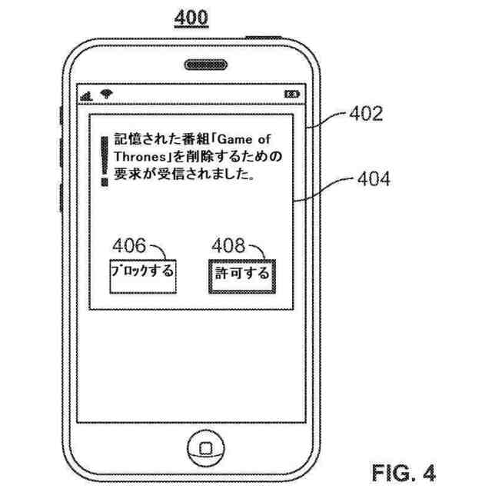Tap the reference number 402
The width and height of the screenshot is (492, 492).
click(365, 115)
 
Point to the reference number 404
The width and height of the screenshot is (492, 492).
click(373, 180)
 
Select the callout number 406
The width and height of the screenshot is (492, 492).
click(128, 246)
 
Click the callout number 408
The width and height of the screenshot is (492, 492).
click(229, 246)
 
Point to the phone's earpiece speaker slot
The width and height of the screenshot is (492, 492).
click(203, 64)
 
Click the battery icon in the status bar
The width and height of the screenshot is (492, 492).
click(293, 95)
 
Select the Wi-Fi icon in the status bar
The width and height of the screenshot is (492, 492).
click(105, 95)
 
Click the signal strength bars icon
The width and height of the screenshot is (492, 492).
click(88, 95)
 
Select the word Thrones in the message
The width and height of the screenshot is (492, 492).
click(138, 158)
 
